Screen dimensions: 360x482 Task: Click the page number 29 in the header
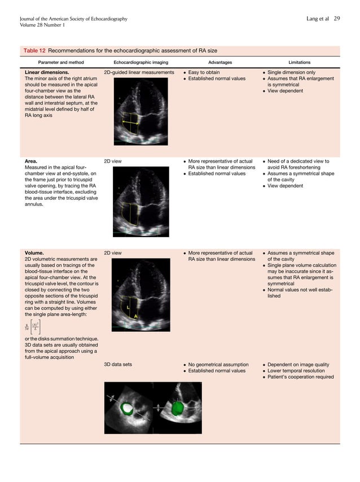337,19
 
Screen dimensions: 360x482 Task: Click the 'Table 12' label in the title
34,51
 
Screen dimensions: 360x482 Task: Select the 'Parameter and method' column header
61,62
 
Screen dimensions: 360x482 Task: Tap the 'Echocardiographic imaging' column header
141,62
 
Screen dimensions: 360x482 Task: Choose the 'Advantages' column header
220,62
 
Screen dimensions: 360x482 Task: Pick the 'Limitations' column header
299,62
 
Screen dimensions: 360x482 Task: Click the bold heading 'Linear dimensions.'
47,73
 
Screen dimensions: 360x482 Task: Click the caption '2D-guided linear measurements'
139,73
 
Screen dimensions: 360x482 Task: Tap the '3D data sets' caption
118,365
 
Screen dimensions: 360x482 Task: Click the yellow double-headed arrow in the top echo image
131,122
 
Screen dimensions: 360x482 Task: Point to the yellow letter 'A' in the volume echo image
135,317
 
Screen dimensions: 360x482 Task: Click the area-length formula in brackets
32,326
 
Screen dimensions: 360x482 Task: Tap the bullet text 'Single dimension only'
291,73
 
